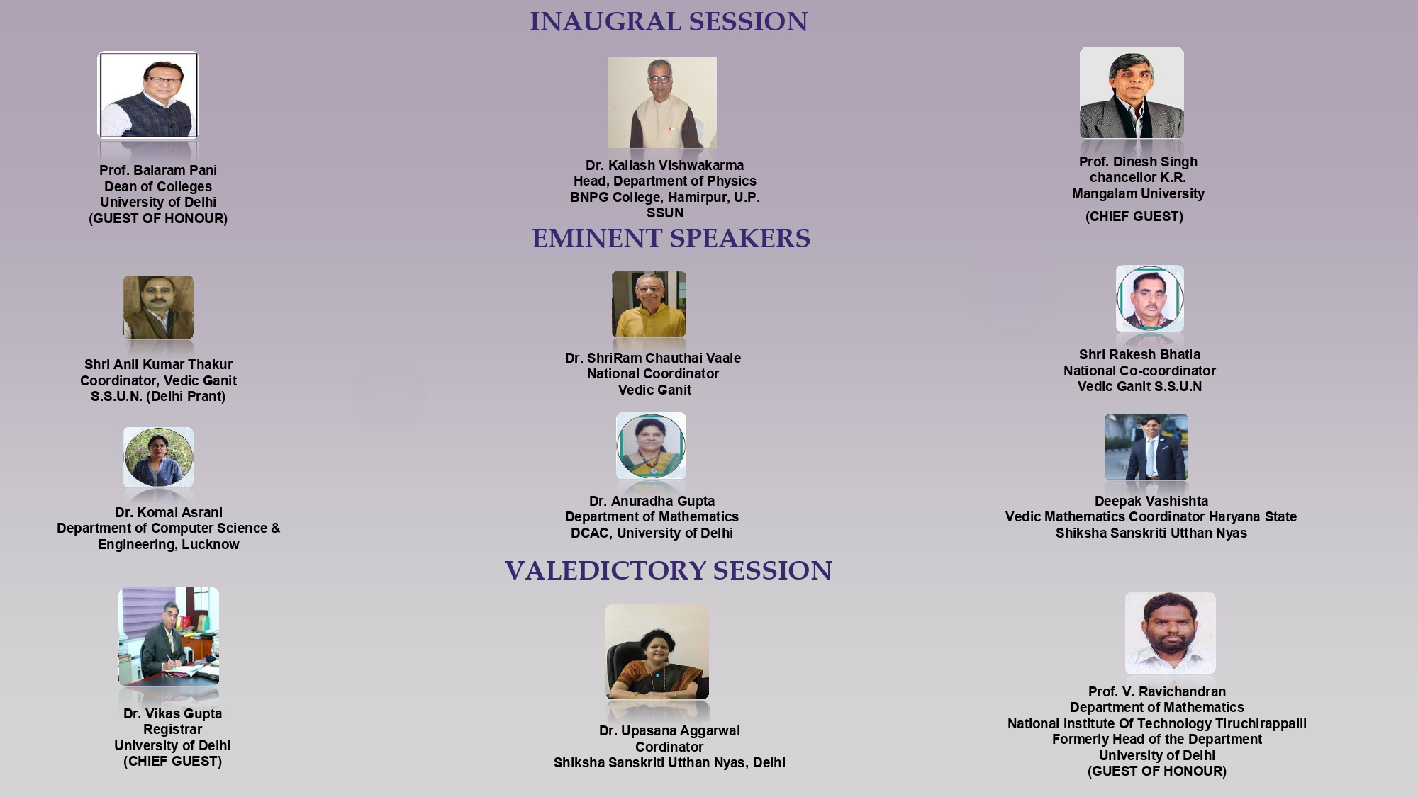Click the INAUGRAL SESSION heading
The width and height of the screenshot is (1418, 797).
coord(669,22)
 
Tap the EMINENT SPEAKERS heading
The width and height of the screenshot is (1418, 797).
coord(671,239)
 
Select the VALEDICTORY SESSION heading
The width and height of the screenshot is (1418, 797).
coord(669,571)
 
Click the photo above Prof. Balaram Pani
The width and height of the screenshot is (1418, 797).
coord(148,95)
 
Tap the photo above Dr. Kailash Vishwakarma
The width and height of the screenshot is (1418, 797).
coord(662,103)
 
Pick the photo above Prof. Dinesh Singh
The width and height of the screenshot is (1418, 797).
coord(1132,93)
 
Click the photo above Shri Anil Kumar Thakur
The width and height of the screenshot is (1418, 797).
coord(158,307)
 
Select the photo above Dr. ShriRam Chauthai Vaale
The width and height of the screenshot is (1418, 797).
coord(649,304)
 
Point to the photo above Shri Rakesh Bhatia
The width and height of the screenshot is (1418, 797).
coord(1150,298)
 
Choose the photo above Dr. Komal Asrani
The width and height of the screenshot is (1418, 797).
coord(158,457)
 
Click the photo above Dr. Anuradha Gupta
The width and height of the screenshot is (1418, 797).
coord(651,446)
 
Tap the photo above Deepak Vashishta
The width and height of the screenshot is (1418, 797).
coord(1146,447)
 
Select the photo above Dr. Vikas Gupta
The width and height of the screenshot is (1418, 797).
coord(169,636)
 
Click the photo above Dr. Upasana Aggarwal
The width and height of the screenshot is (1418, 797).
coord(657,652)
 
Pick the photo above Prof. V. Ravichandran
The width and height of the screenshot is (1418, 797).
coord(1171,633)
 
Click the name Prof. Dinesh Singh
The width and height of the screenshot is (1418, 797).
coord(1138,162)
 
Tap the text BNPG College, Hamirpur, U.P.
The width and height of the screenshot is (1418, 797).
coord(665,197)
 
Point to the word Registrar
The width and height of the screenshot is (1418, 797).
coord(172,730)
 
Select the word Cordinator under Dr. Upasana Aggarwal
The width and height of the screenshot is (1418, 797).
coord(669,747)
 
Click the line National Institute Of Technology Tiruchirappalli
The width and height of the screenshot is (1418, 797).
coord(1157,724)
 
